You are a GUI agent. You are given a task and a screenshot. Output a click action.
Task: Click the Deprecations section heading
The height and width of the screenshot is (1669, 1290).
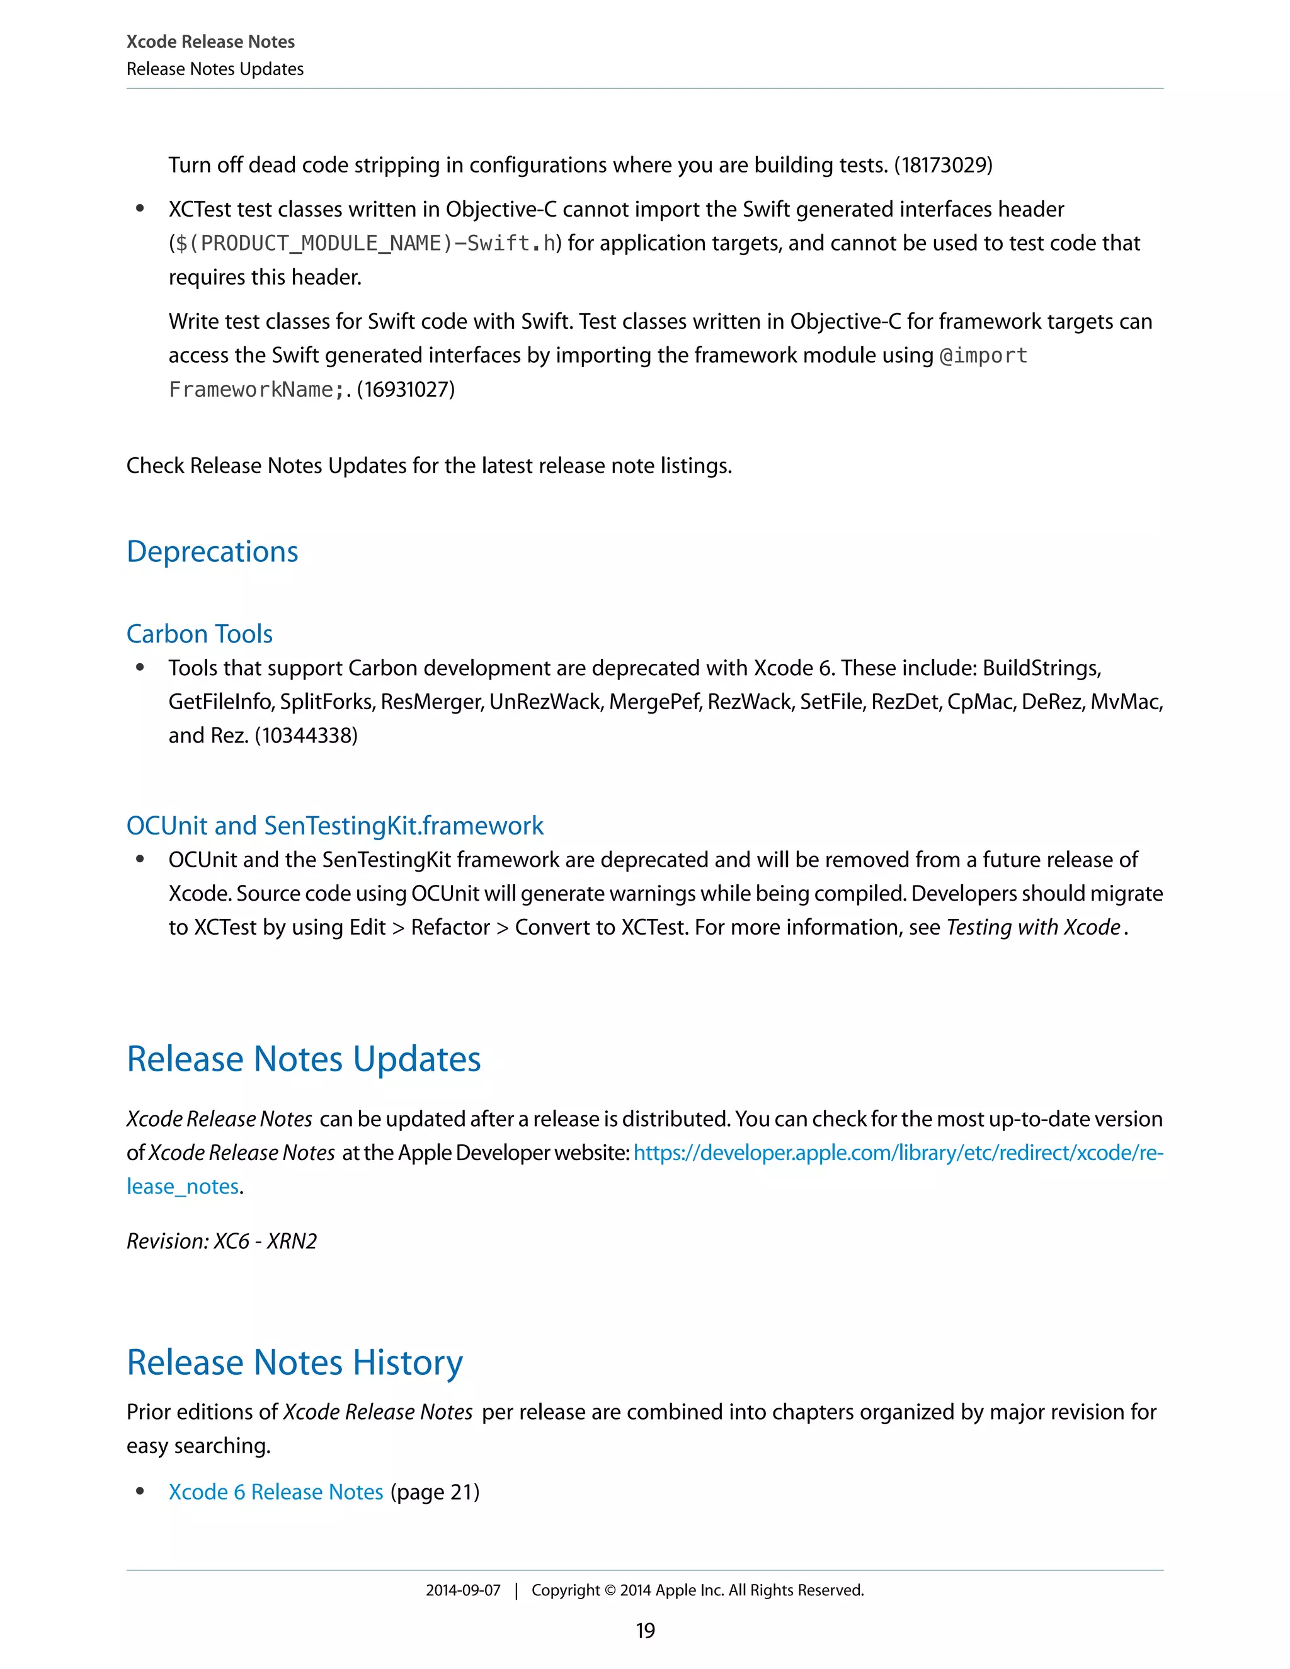coord(212,552)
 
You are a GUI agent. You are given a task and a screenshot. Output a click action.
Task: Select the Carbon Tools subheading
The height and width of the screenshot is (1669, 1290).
coord(200,634)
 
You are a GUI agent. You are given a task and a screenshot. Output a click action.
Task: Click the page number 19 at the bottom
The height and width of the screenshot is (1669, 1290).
coord(645,1631)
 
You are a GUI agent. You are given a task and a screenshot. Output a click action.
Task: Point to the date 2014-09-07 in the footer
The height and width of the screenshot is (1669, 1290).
coord(463,1590)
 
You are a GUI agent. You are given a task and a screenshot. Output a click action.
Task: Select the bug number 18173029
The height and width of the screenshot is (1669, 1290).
coord(944,165)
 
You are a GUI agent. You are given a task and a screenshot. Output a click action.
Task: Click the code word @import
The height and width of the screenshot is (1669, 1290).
coord(983,355)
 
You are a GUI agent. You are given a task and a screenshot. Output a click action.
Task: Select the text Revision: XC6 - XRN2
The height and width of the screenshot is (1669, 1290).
coord(222,1241)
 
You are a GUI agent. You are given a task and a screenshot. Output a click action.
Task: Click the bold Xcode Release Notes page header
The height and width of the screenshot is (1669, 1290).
coord(210,42)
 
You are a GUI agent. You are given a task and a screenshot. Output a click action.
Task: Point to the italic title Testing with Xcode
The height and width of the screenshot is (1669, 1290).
coord(1033,927)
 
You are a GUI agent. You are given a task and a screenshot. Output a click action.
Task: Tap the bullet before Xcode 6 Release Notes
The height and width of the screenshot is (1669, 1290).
coord(140,1491)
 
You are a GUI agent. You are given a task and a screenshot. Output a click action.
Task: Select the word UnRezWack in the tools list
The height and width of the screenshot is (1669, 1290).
coord(545,702)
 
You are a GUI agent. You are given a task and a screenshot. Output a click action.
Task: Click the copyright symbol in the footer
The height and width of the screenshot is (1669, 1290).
coord(610,1590)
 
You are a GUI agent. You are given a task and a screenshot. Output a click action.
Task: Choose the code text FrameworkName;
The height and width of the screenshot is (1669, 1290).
coord(251,390)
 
